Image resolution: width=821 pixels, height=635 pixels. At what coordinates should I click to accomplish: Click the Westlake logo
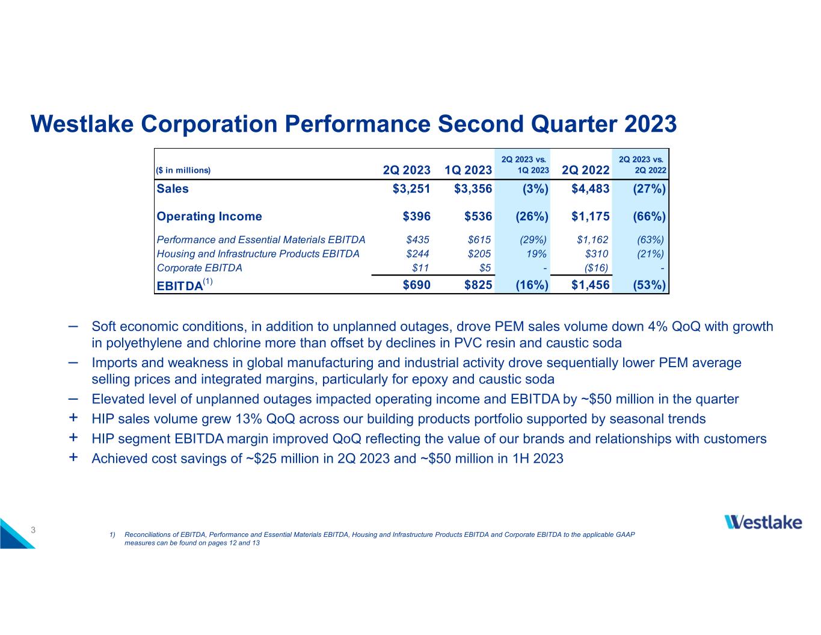pyautogui.click(x=763, y=522)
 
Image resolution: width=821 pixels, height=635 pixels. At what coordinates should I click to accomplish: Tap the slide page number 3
pyautogui.click(x=34, y=530)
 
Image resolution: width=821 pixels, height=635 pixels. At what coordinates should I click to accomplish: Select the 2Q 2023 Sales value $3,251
pyautogui.click(x=411, y=189)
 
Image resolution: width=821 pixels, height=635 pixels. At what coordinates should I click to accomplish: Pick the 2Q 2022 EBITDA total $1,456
pyautogui.click(x=590, y=285)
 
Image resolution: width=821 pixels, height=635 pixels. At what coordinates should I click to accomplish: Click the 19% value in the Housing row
pyautogui.click(x=537, y=254)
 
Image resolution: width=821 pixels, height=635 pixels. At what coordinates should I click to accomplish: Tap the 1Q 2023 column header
pyautogui.click(x=468, y=170)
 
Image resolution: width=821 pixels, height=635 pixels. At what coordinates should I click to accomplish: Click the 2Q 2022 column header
pyautogui.click(x=585, y=170)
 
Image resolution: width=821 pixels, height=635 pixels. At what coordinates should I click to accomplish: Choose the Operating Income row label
pyautogui.click(x=209, y=217)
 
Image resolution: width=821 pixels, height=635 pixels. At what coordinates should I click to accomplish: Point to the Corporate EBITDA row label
pyautogui.click(x=199, y=268)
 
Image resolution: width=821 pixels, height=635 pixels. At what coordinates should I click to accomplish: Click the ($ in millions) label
pyautogui.click(x=183, y=170)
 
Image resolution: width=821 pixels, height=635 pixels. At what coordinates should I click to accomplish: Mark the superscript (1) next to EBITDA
pyautogui.click(x=208, y=282)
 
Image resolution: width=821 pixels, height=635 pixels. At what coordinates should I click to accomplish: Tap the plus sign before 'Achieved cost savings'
pyautogui.click(x=73, y=457)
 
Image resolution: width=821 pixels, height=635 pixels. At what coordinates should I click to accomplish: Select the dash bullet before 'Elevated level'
pyautogui.click(x=73, y=398)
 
